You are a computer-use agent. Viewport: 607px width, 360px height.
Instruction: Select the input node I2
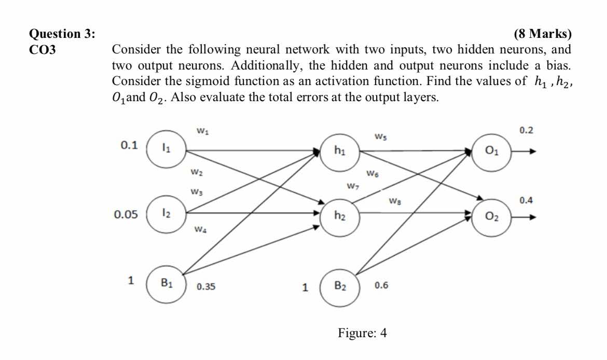point(165,214)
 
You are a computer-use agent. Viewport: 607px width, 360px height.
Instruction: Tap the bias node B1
point(165,283)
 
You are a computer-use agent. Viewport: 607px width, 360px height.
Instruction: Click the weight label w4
point(200,229)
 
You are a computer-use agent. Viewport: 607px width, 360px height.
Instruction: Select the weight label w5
point(380,137)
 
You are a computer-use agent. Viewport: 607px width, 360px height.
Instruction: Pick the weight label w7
point(353,185)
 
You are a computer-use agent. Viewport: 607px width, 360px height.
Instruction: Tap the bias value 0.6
point(381,285)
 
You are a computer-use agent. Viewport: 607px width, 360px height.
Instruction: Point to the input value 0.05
point(126,214)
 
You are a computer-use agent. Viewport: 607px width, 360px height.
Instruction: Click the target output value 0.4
point(526,200)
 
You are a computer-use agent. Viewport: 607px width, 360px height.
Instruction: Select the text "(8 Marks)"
point(542,35)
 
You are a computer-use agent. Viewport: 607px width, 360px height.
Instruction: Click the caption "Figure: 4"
point(362,333)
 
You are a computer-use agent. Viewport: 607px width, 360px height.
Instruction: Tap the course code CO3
point(43,50)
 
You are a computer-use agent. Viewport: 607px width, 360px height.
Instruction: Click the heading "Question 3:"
point(62,35)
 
